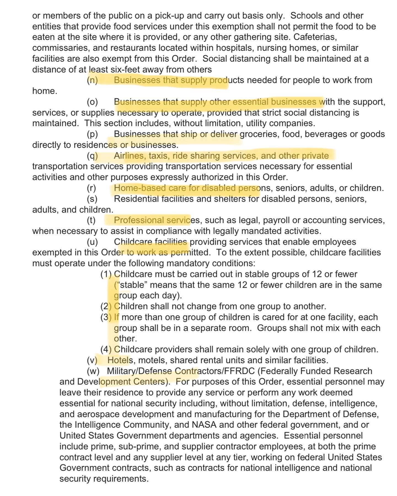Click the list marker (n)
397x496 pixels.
tap(92, 80)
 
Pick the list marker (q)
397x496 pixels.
tap(92, 156)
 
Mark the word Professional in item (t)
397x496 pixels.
tap(139, 220)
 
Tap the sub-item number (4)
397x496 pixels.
tap(106, 349)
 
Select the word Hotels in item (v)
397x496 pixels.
tap(119, 360)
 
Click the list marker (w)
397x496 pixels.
tap(93, 371)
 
